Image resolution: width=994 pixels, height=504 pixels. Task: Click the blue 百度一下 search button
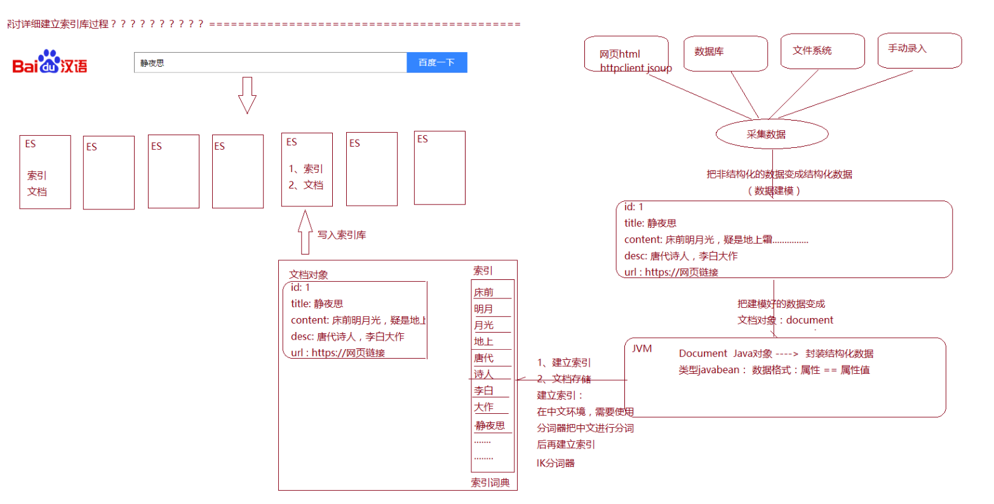(436, 62)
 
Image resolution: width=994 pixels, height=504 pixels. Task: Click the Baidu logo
(50, 62)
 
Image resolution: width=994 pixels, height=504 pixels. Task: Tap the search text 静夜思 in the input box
(152, 63)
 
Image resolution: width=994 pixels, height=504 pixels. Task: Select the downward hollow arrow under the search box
(247, 95)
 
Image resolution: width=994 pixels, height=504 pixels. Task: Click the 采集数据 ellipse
(772, 135)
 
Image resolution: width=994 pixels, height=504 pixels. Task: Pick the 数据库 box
(725, 53)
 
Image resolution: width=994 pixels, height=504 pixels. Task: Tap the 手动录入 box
(919, 50)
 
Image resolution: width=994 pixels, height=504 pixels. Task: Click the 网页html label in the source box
(619, 54)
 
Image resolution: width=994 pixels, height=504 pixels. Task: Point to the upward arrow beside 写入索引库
(306, 233)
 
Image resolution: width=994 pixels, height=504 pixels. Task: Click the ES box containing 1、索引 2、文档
(307, 169)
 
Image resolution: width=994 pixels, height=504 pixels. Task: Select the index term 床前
(483, 293)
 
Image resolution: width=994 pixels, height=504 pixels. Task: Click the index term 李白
(483, 390)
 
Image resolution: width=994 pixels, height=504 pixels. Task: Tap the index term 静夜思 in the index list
(490, 425)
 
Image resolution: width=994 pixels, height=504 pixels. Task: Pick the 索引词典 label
(490, 482)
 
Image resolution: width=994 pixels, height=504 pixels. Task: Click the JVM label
(641, 348)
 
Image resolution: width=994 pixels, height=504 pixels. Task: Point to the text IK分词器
(556, 463)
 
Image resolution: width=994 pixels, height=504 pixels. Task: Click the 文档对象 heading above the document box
(309, 275)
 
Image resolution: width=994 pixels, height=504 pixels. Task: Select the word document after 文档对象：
(810, 320)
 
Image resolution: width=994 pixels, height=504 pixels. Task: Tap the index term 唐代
(483, 358)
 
